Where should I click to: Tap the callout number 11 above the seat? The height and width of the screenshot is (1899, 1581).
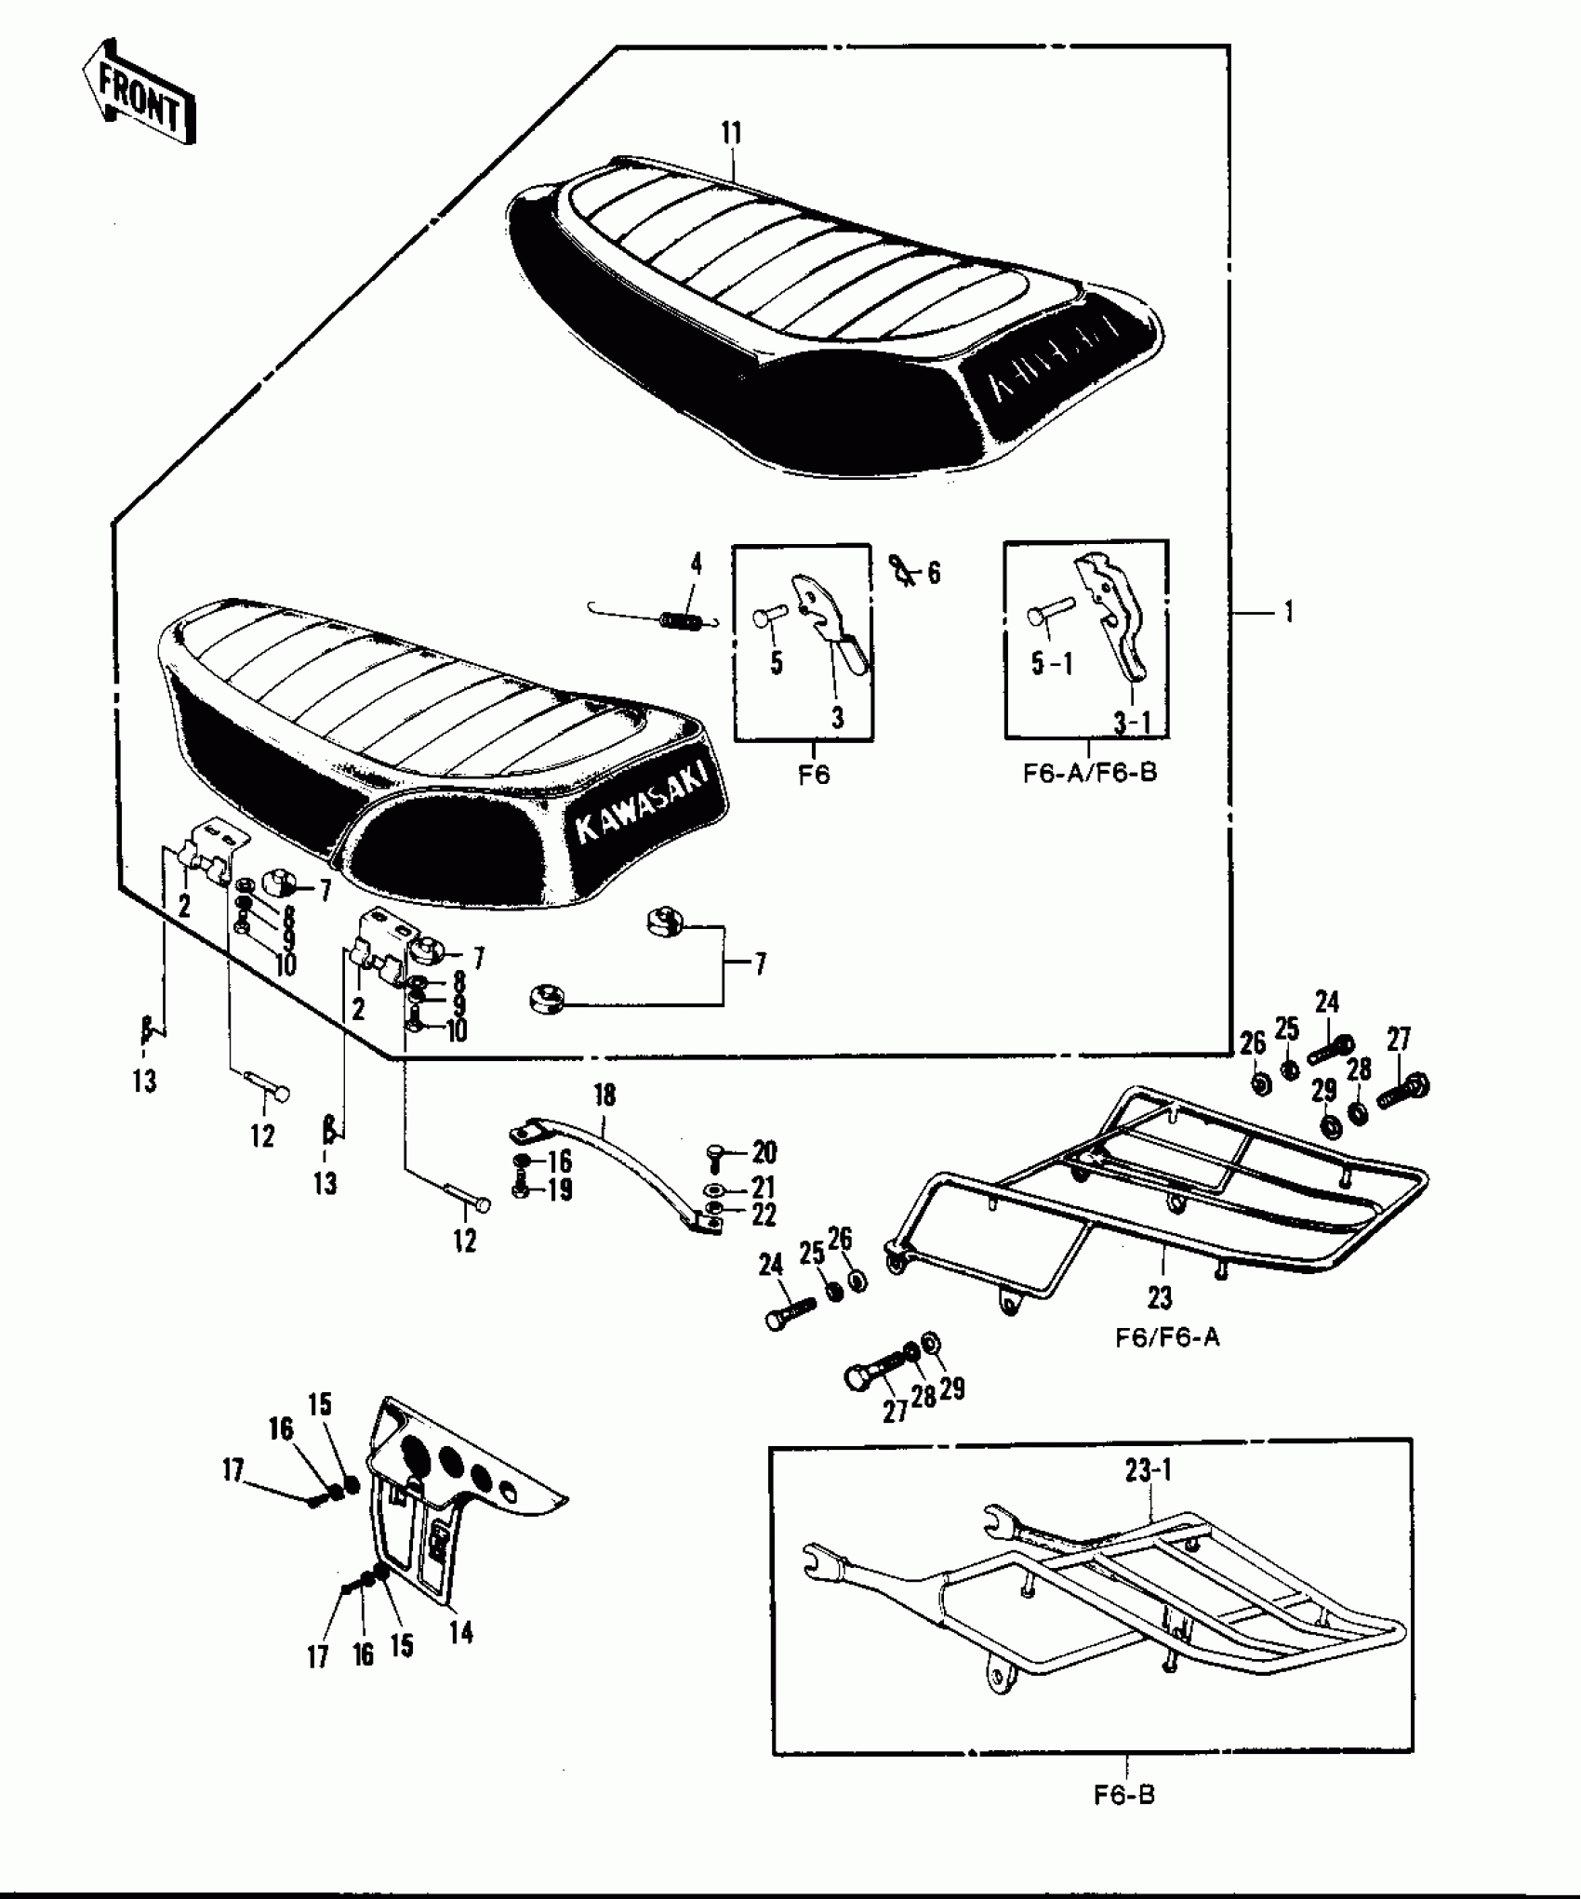[x=732, y=134]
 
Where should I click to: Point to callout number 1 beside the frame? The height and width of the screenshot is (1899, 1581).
[x=1288, y=613]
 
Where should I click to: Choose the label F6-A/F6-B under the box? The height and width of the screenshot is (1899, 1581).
[x=1090, y=773]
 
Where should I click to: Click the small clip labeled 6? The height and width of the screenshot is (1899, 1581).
[x=900, y=568]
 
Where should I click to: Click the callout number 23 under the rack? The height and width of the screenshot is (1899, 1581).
[x=1160, y=1296]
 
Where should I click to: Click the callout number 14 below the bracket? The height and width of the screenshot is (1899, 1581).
[x=460, y=1632]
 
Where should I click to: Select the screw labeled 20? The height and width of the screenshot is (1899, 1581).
[x=714, y=1155]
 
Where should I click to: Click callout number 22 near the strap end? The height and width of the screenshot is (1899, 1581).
[x=764, y=1215]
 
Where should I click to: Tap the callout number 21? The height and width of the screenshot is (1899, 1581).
[x=764, y=1188]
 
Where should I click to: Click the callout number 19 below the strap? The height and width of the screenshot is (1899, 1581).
[x=559, y=1190]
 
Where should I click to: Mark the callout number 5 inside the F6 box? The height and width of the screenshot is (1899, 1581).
[x=776, y=663]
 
